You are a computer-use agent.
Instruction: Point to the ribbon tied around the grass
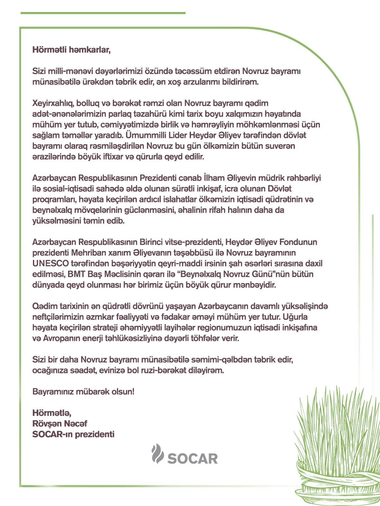point(342,471)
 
